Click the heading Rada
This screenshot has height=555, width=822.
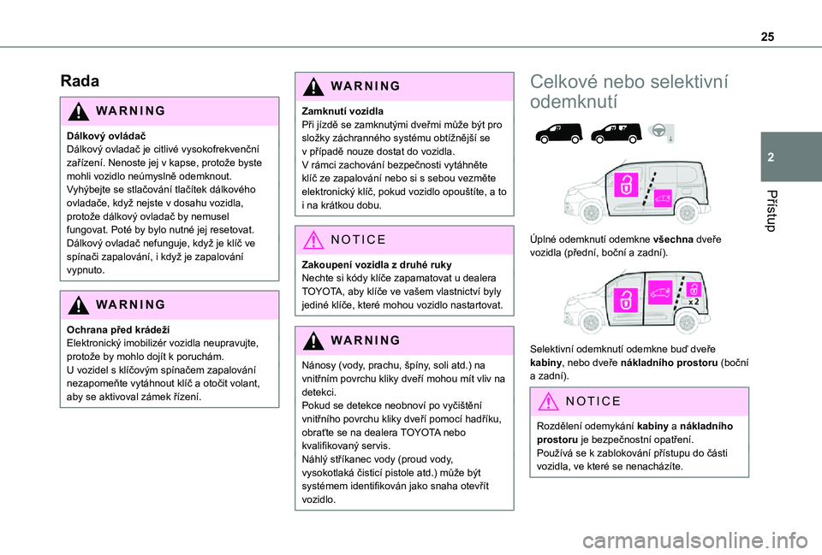click(x=80, y=81)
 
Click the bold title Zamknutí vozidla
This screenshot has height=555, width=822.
click(x=341, y=111)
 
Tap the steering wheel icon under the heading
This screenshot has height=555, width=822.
click(x=658, y=131)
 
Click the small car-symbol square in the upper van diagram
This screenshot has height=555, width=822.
click(x=661, y=198)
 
